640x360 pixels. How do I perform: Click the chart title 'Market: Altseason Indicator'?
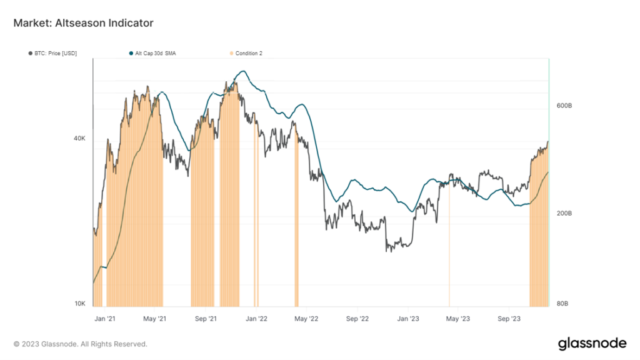(x=83, y=23)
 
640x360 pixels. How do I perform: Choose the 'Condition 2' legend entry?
(x=247, y=54)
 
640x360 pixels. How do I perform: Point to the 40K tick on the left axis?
(x=80, y=139)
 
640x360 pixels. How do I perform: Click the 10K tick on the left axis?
(x=80, y=304)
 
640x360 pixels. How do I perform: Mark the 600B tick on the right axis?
(x=564, y=106)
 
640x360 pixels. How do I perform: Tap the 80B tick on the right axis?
(x=562, y=304)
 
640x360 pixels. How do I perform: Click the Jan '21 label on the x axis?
(x=104, y=318)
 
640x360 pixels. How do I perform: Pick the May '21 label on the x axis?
(x=154, y=318)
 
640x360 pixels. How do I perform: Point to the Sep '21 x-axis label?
(x=205, y=318)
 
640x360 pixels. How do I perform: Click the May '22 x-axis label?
(x=306, y=318)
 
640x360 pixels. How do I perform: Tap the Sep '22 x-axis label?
(x=357, y=318)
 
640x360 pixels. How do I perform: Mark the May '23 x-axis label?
(x=458, y=318)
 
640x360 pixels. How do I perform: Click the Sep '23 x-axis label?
(x=509, y=318)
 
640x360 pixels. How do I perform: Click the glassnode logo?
(x=591, y=343)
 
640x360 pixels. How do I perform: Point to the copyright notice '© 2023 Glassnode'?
(x=81, y=344)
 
